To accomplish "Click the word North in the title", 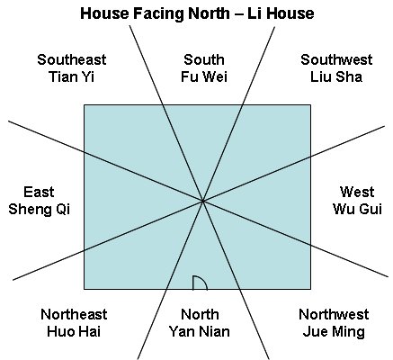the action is tap(208, 13).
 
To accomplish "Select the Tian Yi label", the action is tap(71, 77).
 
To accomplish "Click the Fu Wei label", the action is tap(204, 77).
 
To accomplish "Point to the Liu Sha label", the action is tap(336, 77).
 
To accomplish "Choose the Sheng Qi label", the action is tap(39, 209).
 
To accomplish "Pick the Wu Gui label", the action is tap(357, 209).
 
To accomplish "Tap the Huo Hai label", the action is tap(74, 331).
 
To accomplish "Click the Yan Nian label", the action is tap(200, 331).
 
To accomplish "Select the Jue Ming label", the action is tap(334, 332).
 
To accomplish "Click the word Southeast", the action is tap(72, 59).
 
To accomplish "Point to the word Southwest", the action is tap(336, 59).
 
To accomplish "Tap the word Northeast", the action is tap(74, 314).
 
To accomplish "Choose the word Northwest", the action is tap(334, 314).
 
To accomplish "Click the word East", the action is tap(39, 192).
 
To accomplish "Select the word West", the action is tap(357, 192).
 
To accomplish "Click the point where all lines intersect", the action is tap(203, 201).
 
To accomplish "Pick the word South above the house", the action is tap(204, 59).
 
